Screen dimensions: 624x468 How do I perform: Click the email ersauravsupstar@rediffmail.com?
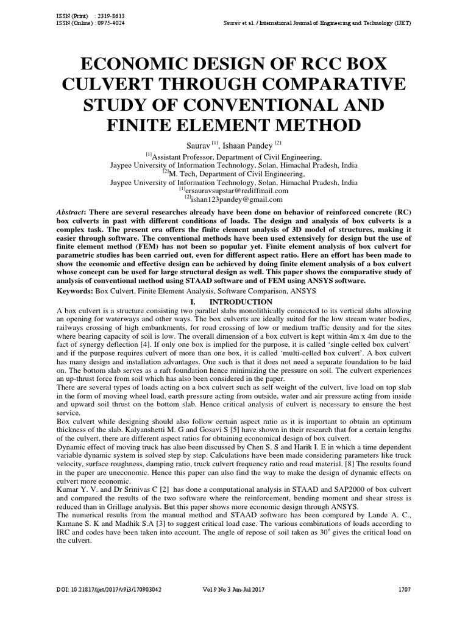(237, 190)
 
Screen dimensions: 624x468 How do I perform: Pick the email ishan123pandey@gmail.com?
(237, 199)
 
